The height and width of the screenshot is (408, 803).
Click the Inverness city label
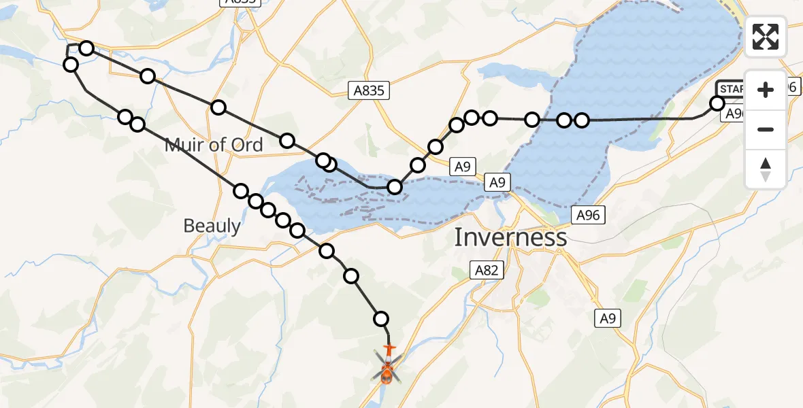coord(510,237)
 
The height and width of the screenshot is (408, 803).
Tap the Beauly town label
coord(212,226)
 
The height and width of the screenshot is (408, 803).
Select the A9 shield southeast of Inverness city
coord(608,318)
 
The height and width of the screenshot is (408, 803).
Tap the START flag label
coord(732,89)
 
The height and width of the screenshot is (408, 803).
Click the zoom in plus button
coord(766,90)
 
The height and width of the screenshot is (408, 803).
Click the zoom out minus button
coord(766,129)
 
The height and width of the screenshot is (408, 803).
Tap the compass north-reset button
coord(766,169)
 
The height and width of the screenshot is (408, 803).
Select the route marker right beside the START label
coord(717,103)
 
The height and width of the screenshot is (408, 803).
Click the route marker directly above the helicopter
coord(381,318)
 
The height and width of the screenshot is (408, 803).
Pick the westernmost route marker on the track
coord(70,65)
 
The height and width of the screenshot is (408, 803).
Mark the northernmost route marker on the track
coord(86,48)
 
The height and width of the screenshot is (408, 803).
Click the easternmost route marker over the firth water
coord(581,120)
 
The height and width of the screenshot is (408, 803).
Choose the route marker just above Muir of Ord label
coord(137,124)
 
